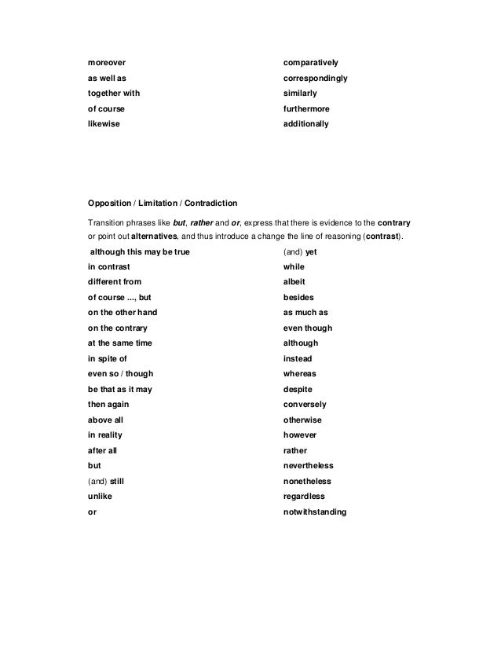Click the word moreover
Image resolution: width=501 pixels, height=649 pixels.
pos(106,61)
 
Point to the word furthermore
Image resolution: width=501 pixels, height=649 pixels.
pos(307,108)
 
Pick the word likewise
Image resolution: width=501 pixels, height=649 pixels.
pos(104,124)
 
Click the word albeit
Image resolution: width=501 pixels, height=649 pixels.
pos(294,282)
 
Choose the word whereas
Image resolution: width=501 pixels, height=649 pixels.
pos(299,374)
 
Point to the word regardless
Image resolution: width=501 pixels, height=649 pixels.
pos(304,497)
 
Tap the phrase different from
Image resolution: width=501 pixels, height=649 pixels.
pos(115,282)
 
